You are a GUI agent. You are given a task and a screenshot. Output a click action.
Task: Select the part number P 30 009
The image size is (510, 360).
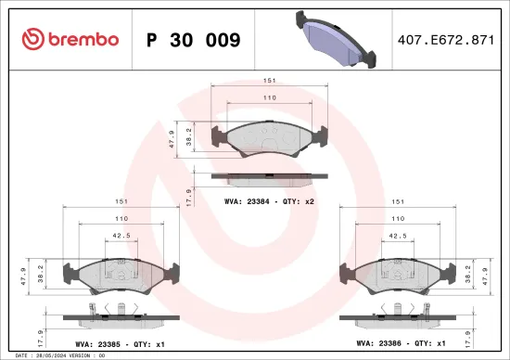194,40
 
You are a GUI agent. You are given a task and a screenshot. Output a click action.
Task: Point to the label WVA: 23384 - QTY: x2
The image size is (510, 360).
269,199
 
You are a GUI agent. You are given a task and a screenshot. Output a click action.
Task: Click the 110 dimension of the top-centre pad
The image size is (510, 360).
268,96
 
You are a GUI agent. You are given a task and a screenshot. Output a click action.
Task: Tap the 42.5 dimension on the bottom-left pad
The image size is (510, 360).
120,235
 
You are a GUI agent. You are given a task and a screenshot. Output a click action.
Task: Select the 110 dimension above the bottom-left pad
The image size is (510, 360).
120,218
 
